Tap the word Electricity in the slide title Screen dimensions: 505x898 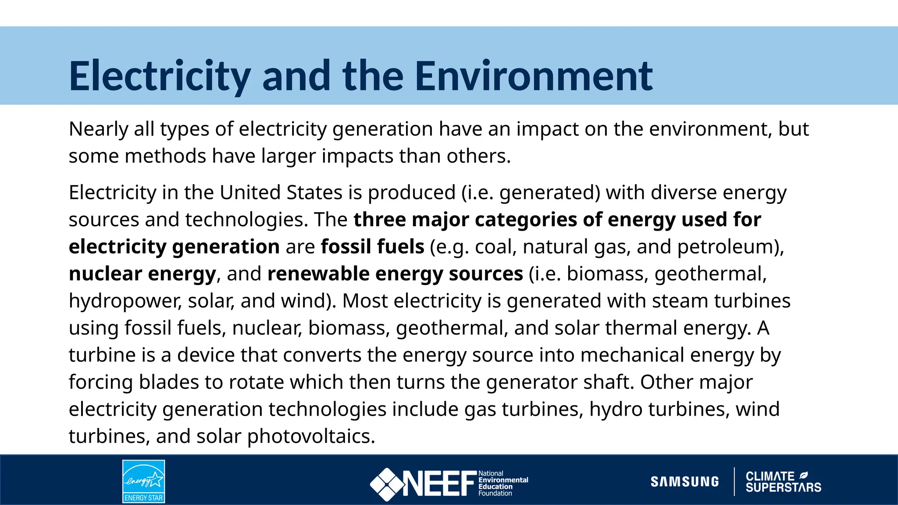click(x=160, y=76)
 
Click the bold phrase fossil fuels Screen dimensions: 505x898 click(x=372, y=247)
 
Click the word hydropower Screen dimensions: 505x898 click(x=125, y=301)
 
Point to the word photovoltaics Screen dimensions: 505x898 click(x=311, y=436)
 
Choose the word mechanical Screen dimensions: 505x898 click(x=632, y=355)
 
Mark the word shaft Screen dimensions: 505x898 click(x=608, y=382)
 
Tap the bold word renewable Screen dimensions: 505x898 click(x=318, y=274)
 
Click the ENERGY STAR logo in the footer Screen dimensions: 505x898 click(x=144, y=481)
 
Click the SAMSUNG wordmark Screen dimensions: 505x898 click(x=685, y=482)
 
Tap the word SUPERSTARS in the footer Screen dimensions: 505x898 click(x=783, y=487)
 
